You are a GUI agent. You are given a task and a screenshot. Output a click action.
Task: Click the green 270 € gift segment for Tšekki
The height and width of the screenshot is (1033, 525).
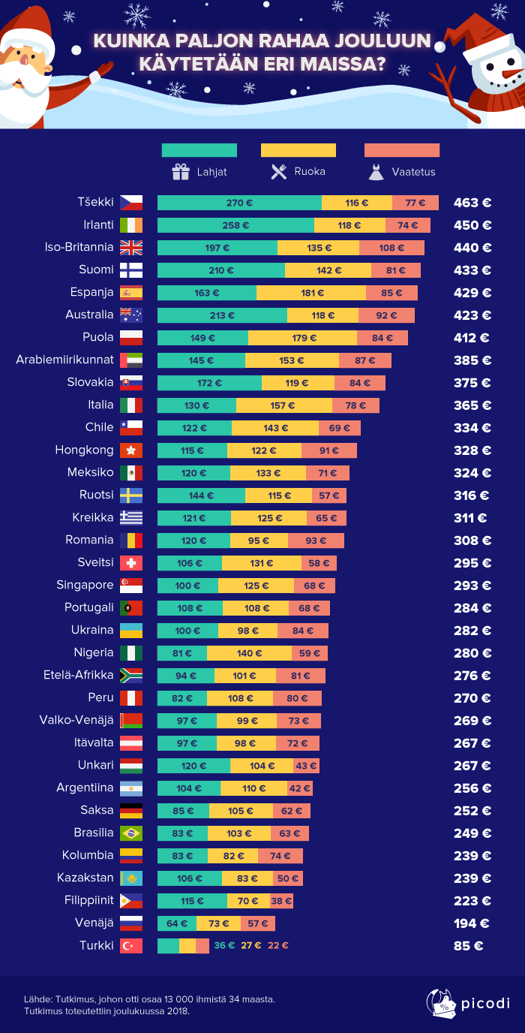(x=239, y=203)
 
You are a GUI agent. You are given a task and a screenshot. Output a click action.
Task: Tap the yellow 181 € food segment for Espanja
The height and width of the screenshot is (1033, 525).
(x=310, y=293)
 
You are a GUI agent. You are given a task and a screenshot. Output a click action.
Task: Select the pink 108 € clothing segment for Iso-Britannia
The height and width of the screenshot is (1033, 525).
(x=391, y=248)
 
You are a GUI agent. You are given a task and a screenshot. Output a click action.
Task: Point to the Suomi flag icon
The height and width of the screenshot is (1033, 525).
(x=131, y=270)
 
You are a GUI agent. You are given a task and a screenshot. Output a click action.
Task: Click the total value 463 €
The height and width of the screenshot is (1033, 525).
(x=472, y=203)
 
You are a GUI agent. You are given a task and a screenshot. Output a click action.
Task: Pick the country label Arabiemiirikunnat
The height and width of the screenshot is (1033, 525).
(x=64, y=360)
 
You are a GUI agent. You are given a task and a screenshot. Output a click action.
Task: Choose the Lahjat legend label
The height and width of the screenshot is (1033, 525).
(x=211, y=172)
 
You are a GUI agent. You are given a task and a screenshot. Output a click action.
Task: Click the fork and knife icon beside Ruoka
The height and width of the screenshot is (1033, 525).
(x=279, y=172)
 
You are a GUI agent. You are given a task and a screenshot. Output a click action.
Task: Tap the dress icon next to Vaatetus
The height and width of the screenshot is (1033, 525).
(x=376, y=173)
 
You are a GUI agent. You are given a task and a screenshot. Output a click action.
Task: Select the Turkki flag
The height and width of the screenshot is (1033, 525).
(x=131, y=946)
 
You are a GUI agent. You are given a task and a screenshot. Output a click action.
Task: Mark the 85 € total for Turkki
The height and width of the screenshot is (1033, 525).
(x=468, y=946)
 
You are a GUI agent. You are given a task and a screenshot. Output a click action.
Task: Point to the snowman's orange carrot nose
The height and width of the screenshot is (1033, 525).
(x=511, y=74)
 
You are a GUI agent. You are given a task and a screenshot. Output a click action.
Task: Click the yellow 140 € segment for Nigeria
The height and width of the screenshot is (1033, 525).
(x=249, y=653)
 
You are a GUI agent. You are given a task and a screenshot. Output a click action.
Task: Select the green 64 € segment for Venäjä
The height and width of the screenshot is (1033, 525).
(x=177, y=923)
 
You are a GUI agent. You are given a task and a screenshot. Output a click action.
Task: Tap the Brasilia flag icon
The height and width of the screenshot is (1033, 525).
(x=131, y=833)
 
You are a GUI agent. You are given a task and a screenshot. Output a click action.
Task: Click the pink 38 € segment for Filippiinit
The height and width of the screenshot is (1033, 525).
(x=282, y=901)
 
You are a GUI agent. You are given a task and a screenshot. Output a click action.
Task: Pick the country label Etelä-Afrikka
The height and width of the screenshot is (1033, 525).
(x=79, y=675)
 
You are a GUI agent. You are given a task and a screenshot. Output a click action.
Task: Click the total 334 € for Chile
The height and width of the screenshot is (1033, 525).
(x=472, y=428)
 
